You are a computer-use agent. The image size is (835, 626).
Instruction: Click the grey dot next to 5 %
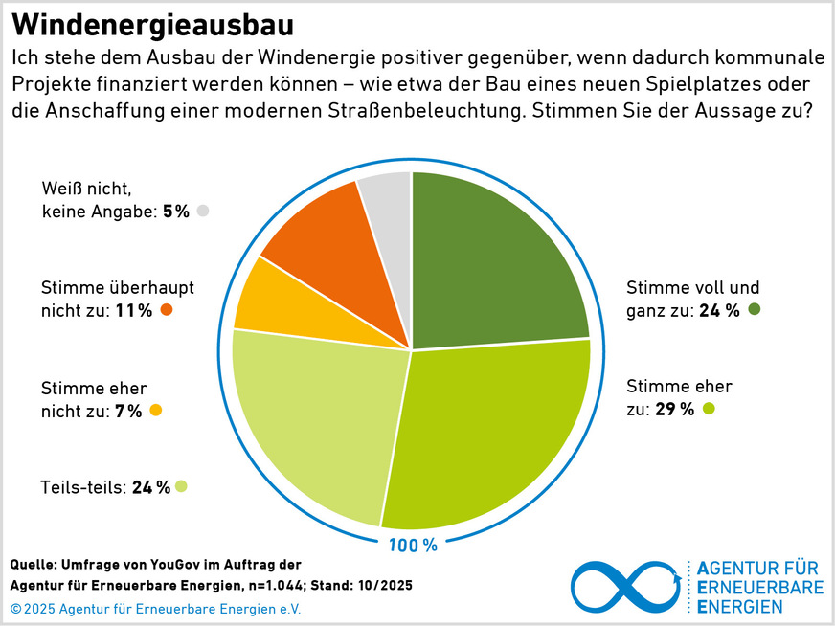coord(201,212)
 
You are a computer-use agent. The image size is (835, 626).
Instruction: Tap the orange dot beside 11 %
coord(167,309)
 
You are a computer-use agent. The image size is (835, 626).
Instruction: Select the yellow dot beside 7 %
coord(156,411)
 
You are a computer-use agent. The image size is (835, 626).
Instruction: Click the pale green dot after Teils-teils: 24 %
coord(181,486)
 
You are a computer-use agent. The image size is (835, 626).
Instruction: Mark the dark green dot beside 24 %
coord(754,309)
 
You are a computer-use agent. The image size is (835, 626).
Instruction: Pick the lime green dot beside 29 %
coord(709,410)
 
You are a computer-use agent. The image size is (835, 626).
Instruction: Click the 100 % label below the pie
coord(412,546)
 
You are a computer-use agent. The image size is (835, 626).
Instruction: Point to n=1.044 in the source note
coord(279,585)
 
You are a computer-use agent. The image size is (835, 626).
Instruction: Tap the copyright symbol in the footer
coord(16,609)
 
